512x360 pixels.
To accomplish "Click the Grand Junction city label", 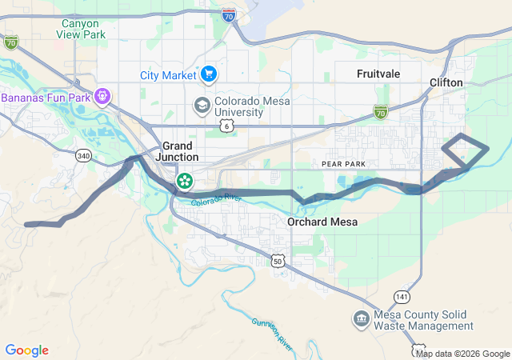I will pos(177,151).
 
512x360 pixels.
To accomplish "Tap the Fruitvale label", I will pos(378,73).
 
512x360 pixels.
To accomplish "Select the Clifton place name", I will pos(446,82).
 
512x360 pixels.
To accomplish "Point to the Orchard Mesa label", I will pos(322,222).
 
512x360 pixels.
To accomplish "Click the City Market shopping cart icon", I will pos(209,74).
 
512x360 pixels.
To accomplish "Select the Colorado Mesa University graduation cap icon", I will pos(202,106).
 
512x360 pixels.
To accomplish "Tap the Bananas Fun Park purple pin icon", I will pos(102,98).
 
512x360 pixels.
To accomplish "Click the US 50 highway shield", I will pos(278,261).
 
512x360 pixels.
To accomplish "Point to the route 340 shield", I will pos(84,156).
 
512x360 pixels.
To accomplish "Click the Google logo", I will pos(26,350).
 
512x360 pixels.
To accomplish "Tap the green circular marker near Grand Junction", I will pos(185,181).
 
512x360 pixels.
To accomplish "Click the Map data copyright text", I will pos(462,354).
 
